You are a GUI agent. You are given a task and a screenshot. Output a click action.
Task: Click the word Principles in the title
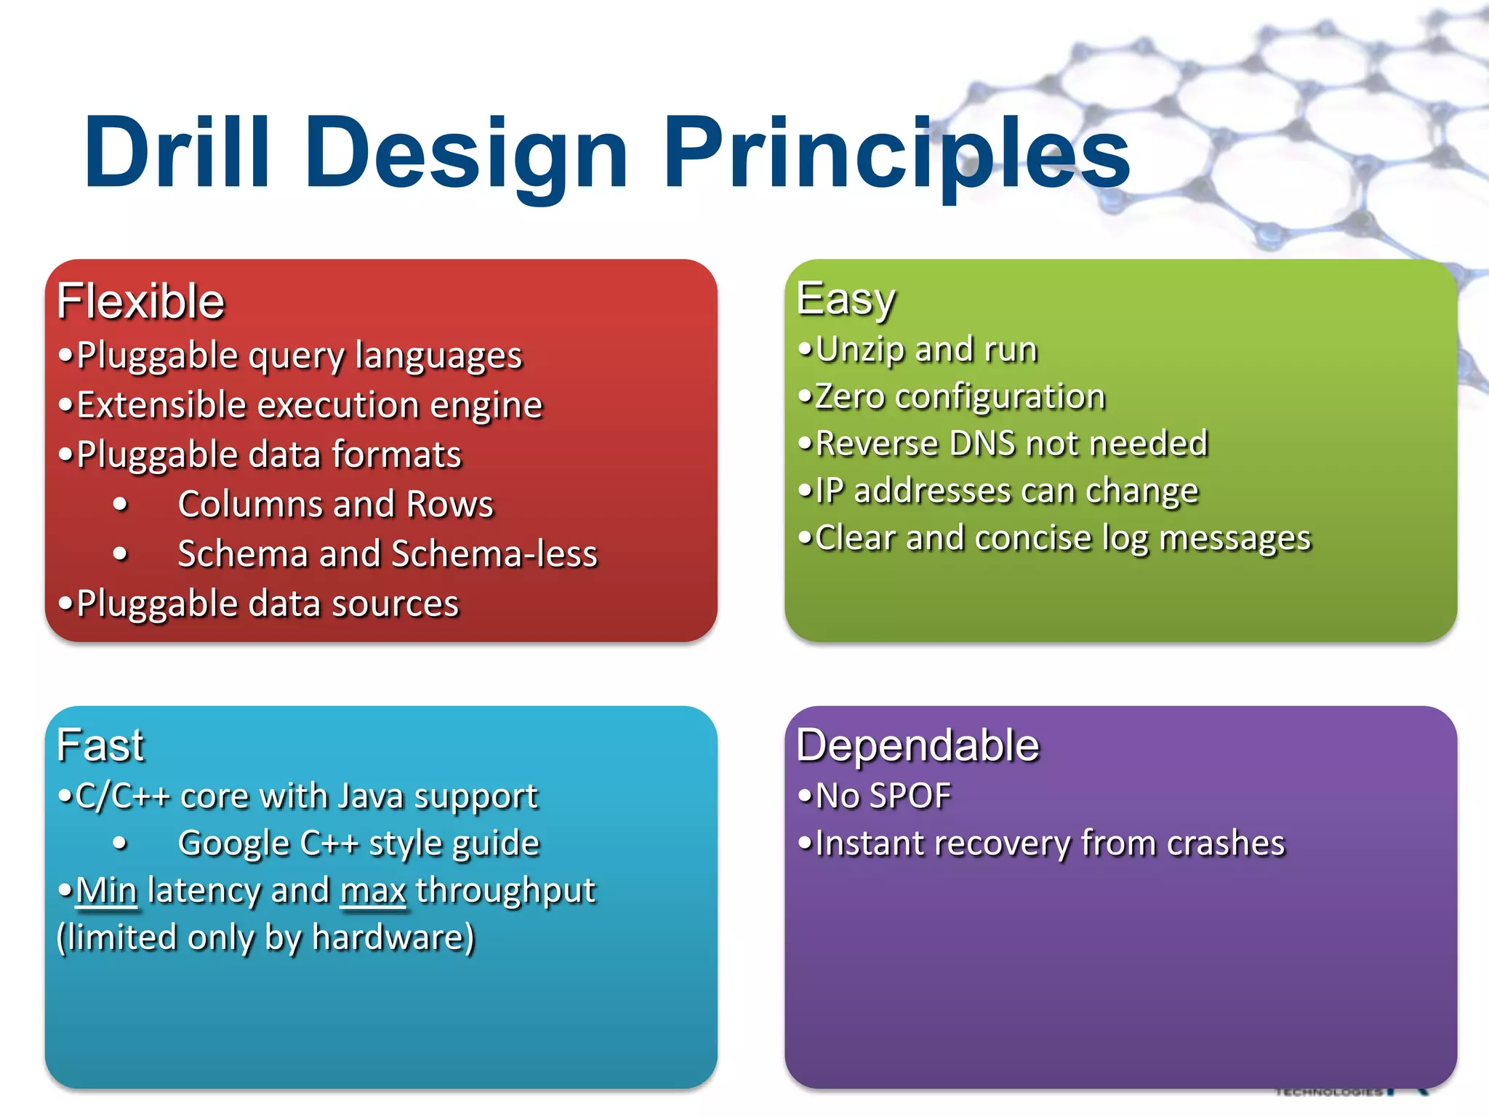click(896, 154)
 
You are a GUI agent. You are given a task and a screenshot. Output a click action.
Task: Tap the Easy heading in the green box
click(846, 299)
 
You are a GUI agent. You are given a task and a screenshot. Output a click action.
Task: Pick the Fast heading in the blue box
click(100, 745)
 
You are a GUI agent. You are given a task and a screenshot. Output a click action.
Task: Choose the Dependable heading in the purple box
click(918, 745)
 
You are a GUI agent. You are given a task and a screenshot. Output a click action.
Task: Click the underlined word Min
click(106, 891)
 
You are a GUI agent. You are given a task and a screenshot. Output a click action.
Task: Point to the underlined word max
click(373, 891)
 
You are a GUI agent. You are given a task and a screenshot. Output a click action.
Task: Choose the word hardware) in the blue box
click(393, 938)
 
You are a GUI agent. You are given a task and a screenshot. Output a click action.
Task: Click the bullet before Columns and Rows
click(121, 505)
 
